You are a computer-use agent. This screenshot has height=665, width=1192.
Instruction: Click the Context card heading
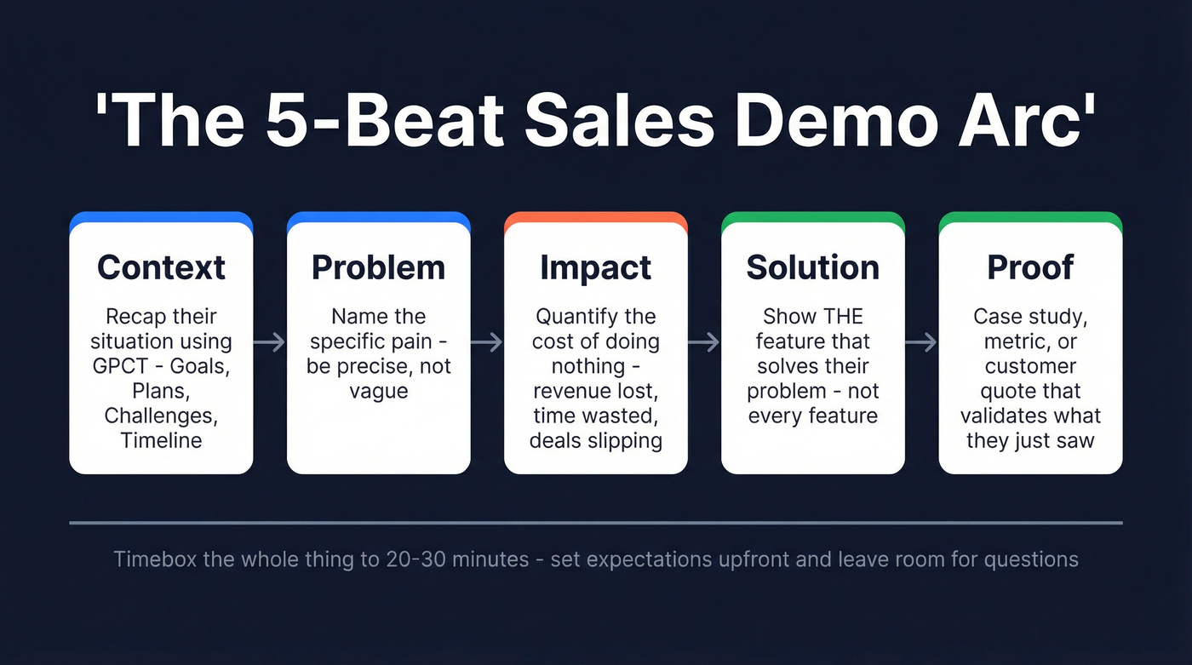pyautogui.click(x=161, y=267)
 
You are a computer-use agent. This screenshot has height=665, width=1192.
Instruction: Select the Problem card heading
pyautogui.click(x=378, y=267)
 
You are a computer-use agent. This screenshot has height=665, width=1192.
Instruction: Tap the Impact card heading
pyautogui.click(x=595, y=267)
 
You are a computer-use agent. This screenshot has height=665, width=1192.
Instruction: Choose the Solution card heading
pyautogui.click(x=812, y=267)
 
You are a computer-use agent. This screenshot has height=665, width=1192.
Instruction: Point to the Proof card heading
pyautogui.click(x=1029, y=267)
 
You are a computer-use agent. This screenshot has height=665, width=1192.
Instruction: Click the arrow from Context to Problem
pyautogui.click(x=270, y=342)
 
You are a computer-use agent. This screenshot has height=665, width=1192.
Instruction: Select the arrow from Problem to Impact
pyautogui.click(x=487, y=342)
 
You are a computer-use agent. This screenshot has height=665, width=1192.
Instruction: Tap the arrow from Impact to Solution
pyautogui.click(x=704, y=342)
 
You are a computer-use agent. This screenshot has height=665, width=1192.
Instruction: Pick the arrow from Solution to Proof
pyautogui.click(x=921, y=342)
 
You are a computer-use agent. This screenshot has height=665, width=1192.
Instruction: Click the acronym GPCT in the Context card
pyautogui.click(x=122, y=367)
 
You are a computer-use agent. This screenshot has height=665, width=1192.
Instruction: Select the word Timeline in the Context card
pyautogui.click(x=161, y=441)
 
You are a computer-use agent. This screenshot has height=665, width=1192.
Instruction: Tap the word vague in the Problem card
pyautogui.click(x=378, y=392)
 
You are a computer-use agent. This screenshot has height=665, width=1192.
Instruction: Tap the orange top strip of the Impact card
pyautogui.click(x=595, y=217)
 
